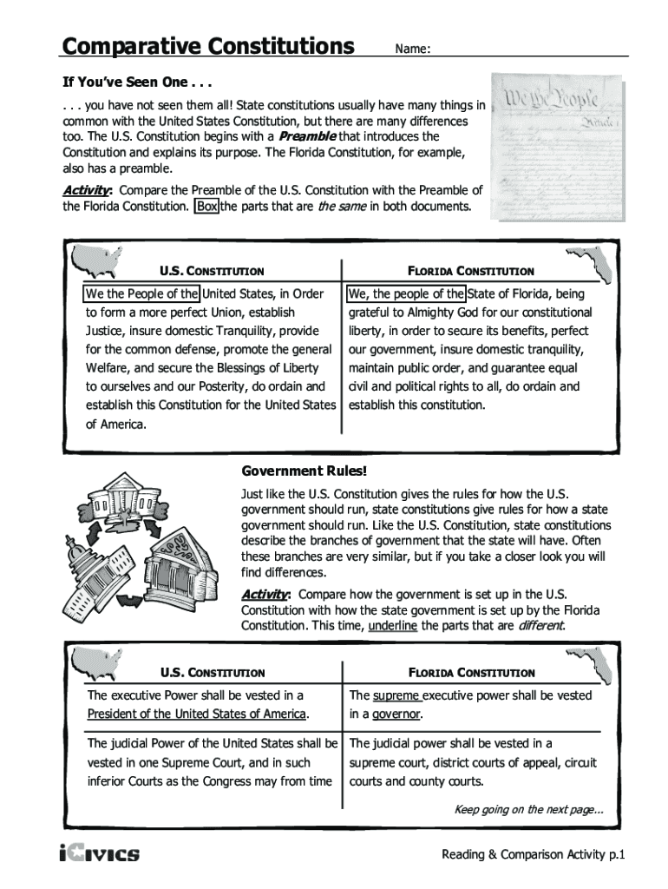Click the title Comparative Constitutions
(x=207, y=45)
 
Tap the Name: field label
(x=413, y=49)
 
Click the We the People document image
(x=557, y=147)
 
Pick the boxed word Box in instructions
(x=207, y=207)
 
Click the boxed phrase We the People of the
(x=141, y=293)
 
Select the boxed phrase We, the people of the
(x=405, y=293)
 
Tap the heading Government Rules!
(x=304, y=471)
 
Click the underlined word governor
(x=397, y=714)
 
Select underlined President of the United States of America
(x=197, y=714)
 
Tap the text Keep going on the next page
(x=529, y=810)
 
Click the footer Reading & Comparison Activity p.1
(x=533, y=855)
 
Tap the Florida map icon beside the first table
(x=589, y=261)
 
